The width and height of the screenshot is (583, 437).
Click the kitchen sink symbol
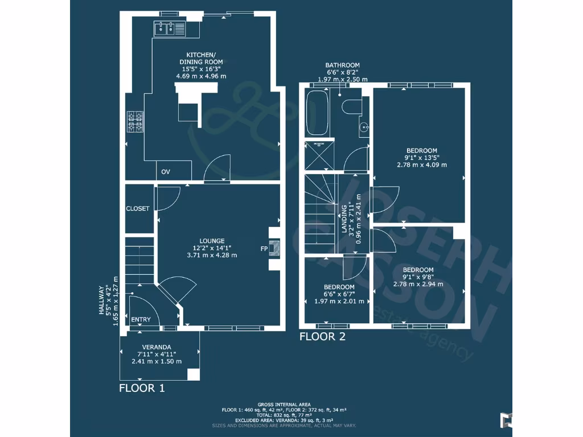coord(169,28)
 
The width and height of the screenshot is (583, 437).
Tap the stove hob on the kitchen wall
coord(135,121)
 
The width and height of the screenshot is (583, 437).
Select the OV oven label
coord(166,172)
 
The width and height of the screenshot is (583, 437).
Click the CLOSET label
coord(138,209)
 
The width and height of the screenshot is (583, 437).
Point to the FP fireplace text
coord(264,249)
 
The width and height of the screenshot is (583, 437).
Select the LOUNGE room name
coord(212,241)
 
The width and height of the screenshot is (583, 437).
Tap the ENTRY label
coord(141,320)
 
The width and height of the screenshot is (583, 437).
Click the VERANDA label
coord(157,347)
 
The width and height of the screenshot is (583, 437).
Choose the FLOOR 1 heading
coord(142,389)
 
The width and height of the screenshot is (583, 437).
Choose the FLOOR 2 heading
coord(322,337)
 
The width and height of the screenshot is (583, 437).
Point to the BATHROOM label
coord(342,65)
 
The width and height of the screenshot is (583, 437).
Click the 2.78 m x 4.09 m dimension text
coord(422,165)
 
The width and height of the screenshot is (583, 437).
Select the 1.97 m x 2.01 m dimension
coord(339,302)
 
